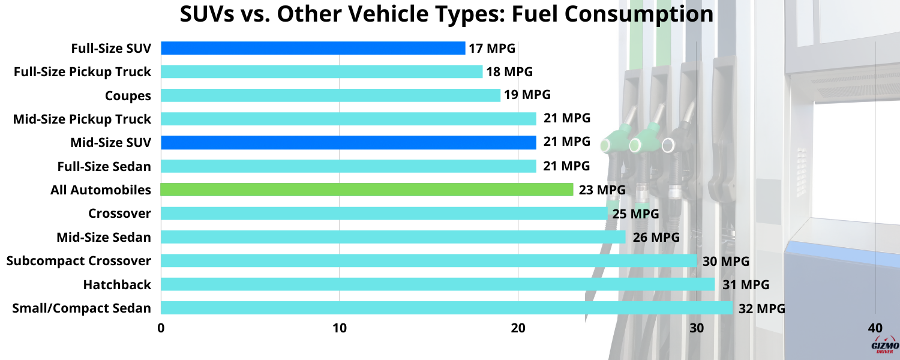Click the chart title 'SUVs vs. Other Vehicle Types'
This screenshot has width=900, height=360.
pos(447,15)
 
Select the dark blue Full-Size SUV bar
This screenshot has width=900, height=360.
pos(313,48)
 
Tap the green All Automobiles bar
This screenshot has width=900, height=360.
pos(367,190)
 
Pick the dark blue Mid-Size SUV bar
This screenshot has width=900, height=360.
pos(348,142)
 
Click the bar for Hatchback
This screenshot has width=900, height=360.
pos(438,284)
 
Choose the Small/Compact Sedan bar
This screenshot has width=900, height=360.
pos(447,308)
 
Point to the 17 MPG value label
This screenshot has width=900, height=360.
pos(492,48)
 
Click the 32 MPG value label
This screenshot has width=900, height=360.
pos(762,308)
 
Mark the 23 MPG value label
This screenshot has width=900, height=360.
pos(602,190)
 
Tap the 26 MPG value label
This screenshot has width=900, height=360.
pos(656,237)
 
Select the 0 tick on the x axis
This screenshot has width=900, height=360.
pos(161,328)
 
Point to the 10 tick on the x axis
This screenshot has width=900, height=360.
pos(340,328)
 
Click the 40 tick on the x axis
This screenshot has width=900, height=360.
pos(875,328)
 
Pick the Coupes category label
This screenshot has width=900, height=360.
pos(128,95)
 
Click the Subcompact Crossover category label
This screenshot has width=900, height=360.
pos(79,260)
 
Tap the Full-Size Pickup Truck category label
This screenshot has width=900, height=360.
pos(82,72)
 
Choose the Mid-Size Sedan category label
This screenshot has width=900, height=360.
pos(104,237)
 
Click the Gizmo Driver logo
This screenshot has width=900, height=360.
pos(884,347)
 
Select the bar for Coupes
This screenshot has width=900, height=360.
pos(331,95)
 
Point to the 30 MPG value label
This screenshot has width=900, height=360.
pos(726,261)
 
